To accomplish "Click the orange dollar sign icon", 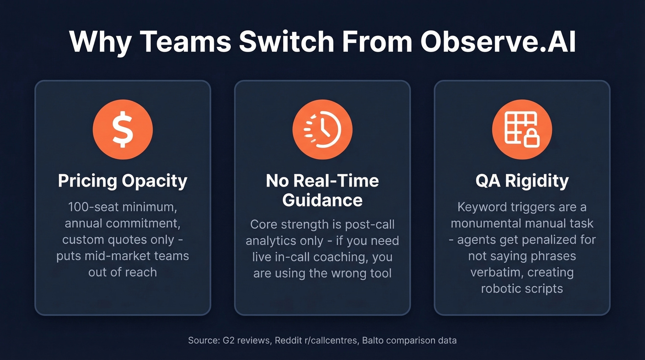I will pos(123,129).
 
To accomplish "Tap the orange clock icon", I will pos(322,129).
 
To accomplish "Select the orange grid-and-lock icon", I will pos(522,129).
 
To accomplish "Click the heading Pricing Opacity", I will pos(123,181).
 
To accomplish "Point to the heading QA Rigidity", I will pos(522,181).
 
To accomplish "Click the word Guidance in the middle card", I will pos(322,200).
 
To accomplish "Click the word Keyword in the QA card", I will pos(480,207).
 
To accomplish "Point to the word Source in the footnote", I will pos(202,341).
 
